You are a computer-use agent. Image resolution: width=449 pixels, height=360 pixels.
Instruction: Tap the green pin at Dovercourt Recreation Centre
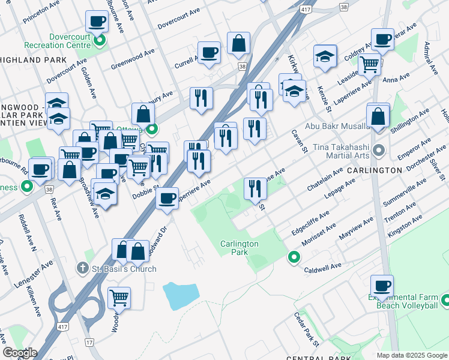point(100,41)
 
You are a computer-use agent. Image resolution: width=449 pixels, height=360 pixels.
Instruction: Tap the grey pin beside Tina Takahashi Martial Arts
point(378,149)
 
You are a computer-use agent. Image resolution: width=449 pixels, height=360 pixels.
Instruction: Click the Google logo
point(19,353)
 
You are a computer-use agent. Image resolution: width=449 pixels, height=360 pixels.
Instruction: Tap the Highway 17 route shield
point(89,342)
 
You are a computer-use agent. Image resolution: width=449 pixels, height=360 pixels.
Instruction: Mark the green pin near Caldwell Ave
point(294,257)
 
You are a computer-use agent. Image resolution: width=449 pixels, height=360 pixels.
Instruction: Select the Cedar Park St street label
point(306,330)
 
